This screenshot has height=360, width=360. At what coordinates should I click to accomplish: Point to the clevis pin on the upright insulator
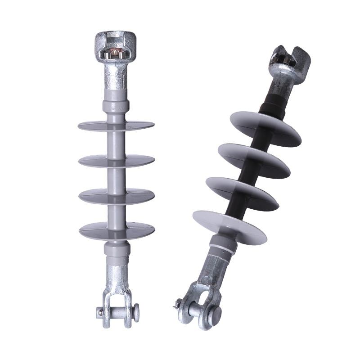coord(117,310)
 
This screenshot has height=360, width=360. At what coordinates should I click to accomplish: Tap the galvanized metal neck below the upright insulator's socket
coord(116,76)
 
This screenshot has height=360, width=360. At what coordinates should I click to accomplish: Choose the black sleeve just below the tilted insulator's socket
coord(272,102)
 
